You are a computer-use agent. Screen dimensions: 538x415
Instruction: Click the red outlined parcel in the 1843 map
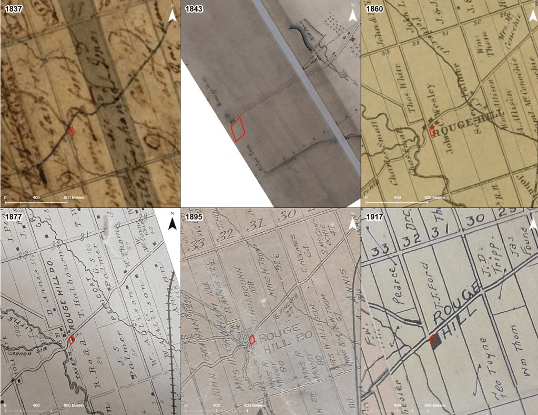[x=238, y=129]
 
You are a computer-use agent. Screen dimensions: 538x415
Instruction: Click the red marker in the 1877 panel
[x=71, y=340]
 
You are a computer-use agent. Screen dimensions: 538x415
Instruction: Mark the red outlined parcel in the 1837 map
[x=72, y=131]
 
